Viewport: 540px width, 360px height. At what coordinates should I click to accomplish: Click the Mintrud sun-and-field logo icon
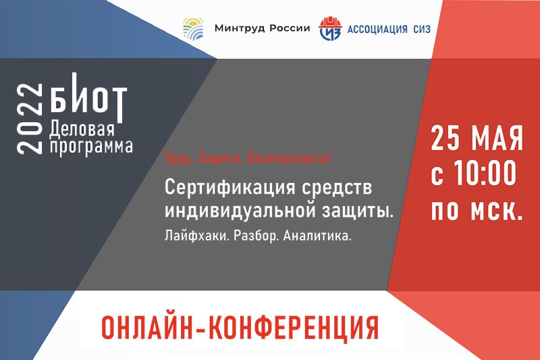[x=193, y=29]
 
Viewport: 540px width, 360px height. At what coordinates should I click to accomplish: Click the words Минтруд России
[x=262, y=28]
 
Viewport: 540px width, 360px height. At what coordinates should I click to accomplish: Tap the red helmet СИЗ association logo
[x=330, y=28]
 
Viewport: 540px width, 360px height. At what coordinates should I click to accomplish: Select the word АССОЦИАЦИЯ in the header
[x=377, y=29]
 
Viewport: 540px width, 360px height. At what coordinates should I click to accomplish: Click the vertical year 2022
[x=29, y=119]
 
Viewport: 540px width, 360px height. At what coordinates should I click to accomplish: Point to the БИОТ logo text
[x=88, y=97]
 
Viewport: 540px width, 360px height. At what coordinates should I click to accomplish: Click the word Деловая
[x=82, y=130]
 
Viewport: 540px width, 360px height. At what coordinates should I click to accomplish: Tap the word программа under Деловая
[x=91, y=147]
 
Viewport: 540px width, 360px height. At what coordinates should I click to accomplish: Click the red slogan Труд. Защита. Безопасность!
[x=248, y=158]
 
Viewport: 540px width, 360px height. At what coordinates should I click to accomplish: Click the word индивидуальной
[x=240, y=211]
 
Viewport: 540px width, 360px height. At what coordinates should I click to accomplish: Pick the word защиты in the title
[x=358, y=211]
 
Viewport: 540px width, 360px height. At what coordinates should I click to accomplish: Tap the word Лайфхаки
[x=197, y=236]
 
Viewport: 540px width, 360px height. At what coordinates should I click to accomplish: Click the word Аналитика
[x=317, y=236]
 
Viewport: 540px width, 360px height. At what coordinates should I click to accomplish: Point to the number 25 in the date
[x=446, y=138]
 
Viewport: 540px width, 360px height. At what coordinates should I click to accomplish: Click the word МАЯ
[x=497, y=138]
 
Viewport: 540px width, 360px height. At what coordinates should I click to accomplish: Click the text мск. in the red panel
[x=497, y=210]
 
